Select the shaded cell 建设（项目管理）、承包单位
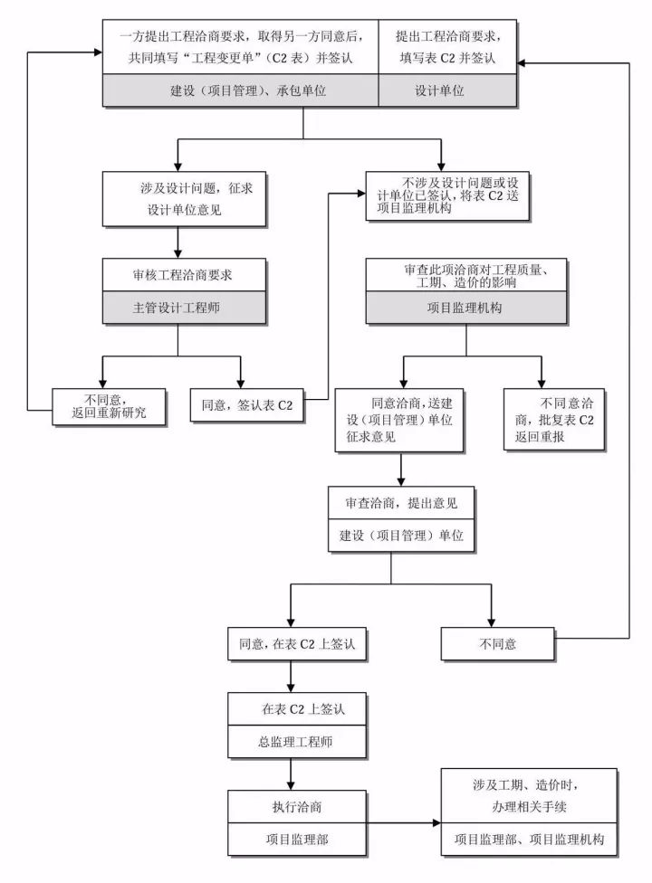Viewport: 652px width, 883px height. pos(239,91)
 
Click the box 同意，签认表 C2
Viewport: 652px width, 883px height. pos(247,405)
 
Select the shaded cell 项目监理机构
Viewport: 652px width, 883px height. pos(465,308)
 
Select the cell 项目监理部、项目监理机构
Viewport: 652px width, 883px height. pos(530,840)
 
